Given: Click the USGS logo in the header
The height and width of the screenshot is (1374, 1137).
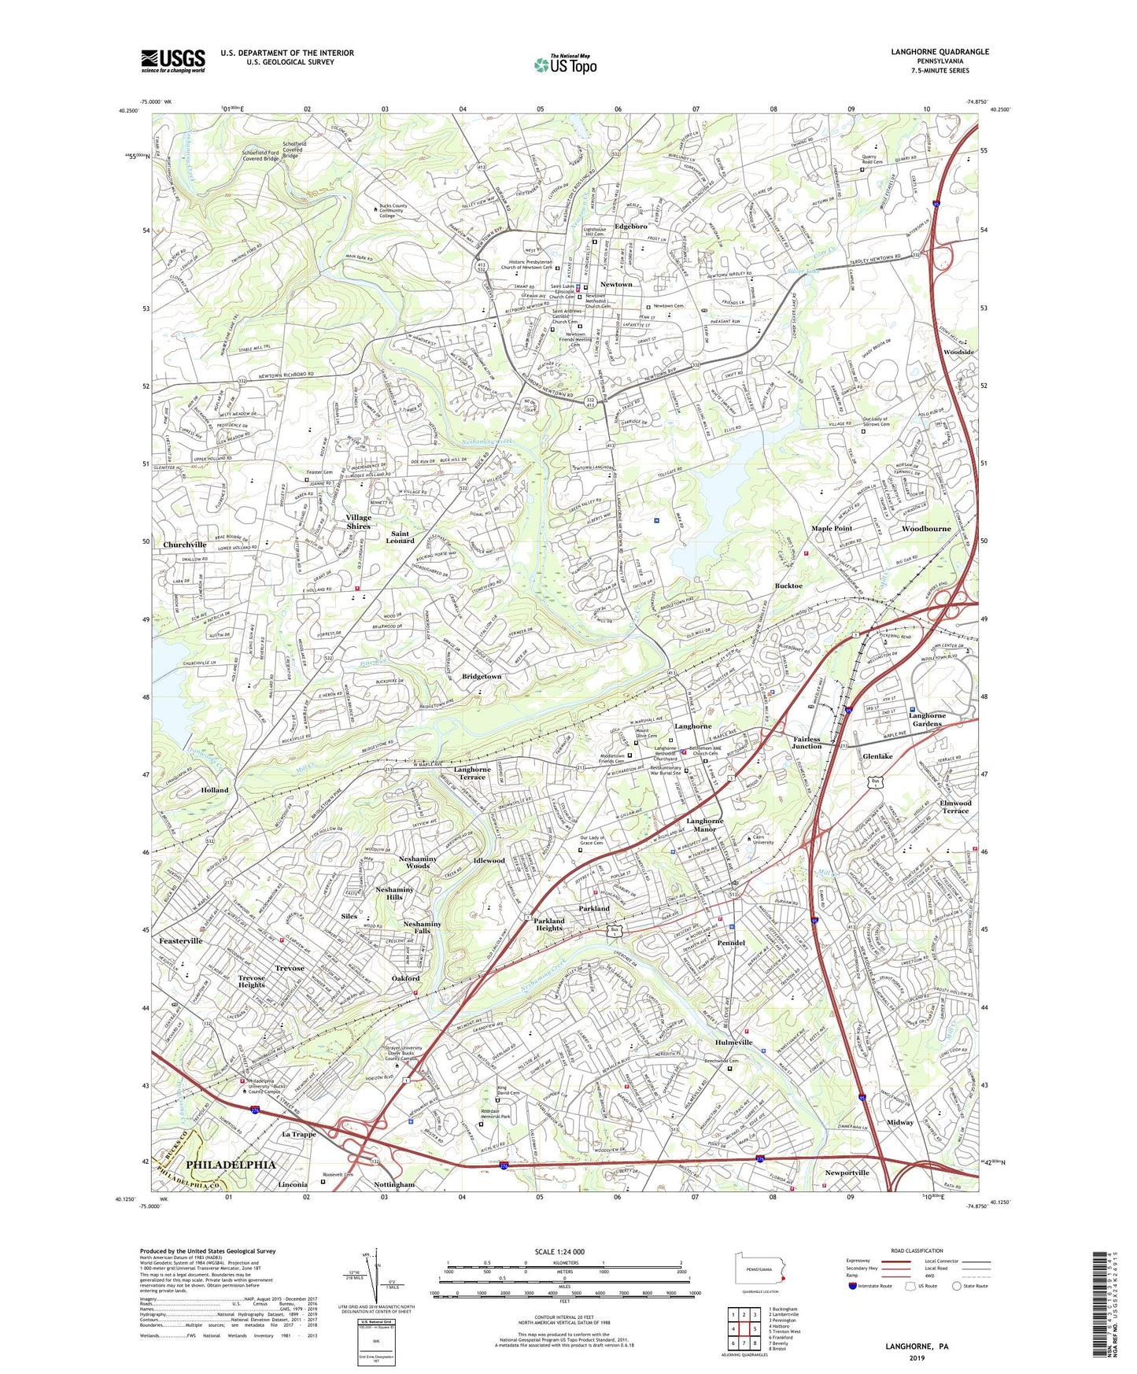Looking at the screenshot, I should (x=173, y=61).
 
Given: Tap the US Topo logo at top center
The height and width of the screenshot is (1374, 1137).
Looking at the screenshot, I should (x=564, y=65).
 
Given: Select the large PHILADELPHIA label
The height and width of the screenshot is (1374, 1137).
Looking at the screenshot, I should (x=231, y=1164).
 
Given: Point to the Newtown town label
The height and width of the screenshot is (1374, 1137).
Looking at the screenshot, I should (x=616, y=284).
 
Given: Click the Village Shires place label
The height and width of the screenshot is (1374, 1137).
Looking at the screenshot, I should (x=358, y=522).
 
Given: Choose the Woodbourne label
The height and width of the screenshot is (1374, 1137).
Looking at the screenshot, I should (x=926, y=529).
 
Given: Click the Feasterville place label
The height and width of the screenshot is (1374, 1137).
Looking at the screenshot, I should (x=181, y=940).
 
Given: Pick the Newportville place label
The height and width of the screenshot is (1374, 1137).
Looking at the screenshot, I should (x=847, y=1173).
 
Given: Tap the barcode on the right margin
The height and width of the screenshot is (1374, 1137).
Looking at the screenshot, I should (x=1102, y=1306).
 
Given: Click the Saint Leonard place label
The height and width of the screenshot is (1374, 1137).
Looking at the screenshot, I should (x=400, y=537).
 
